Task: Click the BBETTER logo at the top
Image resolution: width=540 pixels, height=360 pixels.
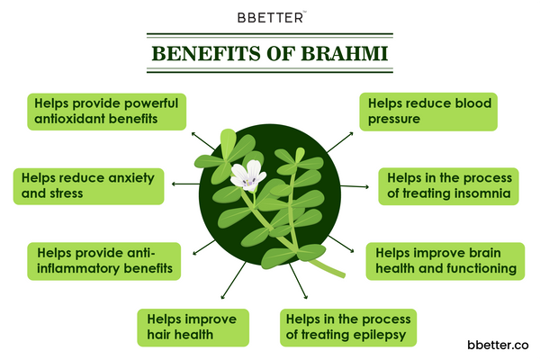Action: [270, 15]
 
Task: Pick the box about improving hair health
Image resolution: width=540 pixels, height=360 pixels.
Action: [193, 328]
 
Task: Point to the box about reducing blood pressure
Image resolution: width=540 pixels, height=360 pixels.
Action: [428, 112]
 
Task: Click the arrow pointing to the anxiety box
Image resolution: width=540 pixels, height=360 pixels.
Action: [183, 183]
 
